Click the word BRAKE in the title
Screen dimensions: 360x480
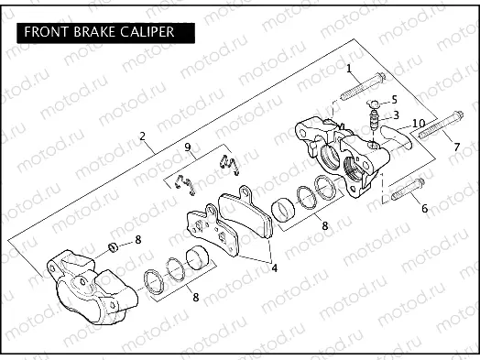click(x=93, y=32)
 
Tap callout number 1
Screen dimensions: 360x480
click(x=348, y=69)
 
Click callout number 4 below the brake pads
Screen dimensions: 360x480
click(x=272, y=270)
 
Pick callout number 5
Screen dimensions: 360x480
click(x=394, y=99)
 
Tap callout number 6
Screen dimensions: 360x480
click(x=424, y=209)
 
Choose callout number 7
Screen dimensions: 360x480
click(x=456, y=147)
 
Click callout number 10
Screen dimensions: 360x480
click(x=418, y=123)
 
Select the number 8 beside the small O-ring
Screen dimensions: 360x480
click(x=138, y=240)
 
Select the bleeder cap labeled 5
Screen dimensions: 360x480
click(x=376, y=102)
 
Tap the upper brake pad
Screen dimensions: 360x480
click(x=248, y=216)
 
